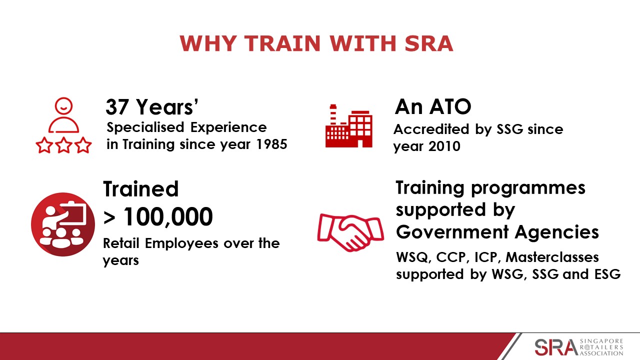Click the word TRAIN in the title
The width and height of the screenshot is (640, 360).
pos(282,43)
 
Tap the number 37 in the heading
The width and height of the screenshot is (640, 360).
pos(117,107)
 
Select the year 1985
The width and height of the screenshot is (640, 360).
pos(271,144)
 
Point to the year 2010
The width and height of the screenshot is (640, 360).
pos(444,146)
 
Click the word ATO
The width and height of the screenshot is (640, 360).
pos(450,107)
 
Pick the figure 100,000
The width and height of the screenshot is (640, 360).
pos(168,217)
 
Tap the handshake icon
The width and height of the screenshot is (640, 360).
pos(350,232)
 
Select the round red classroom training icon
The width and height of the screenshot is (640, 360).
pos(63,224)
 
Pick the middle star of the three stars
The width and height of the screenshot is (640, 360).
pos(63,145)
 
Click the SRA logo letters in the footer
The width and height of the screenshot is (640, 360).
pos(555,347)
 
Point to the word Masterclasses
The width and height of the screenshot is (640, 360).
pos(552,257)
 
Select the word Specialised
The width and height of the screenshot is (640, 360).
pos(145,127)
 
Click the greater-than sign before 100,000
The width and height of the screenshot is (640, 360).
pos(109,218)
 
